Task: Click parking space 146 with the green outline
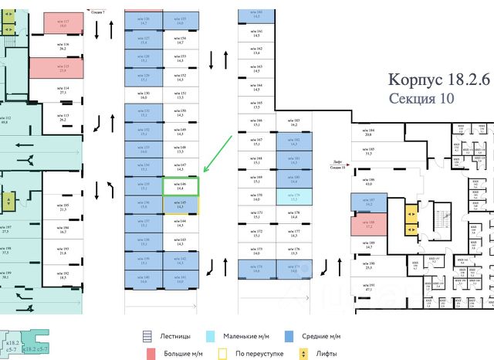click(x=181, y=185)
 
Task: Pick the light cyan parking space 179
click(x=295, y=196)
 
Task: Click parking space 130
click(x=144, y=96)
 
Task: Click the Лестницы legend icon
click(x=147, y=336)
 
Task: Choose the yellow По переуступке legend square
click(x=223, y=353)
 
